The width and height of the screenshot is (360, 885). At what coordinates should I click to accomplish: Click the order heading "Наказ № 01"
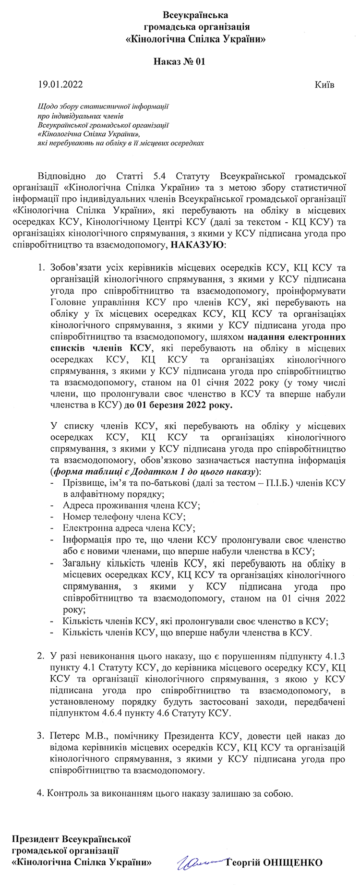pos(180,61)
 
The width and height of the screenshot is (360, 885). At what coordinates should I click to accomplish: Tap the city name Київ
pos(324,85)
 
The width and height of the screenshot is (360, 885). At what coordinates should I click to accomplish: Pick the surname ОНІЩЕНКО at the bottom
pos(293,862)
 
